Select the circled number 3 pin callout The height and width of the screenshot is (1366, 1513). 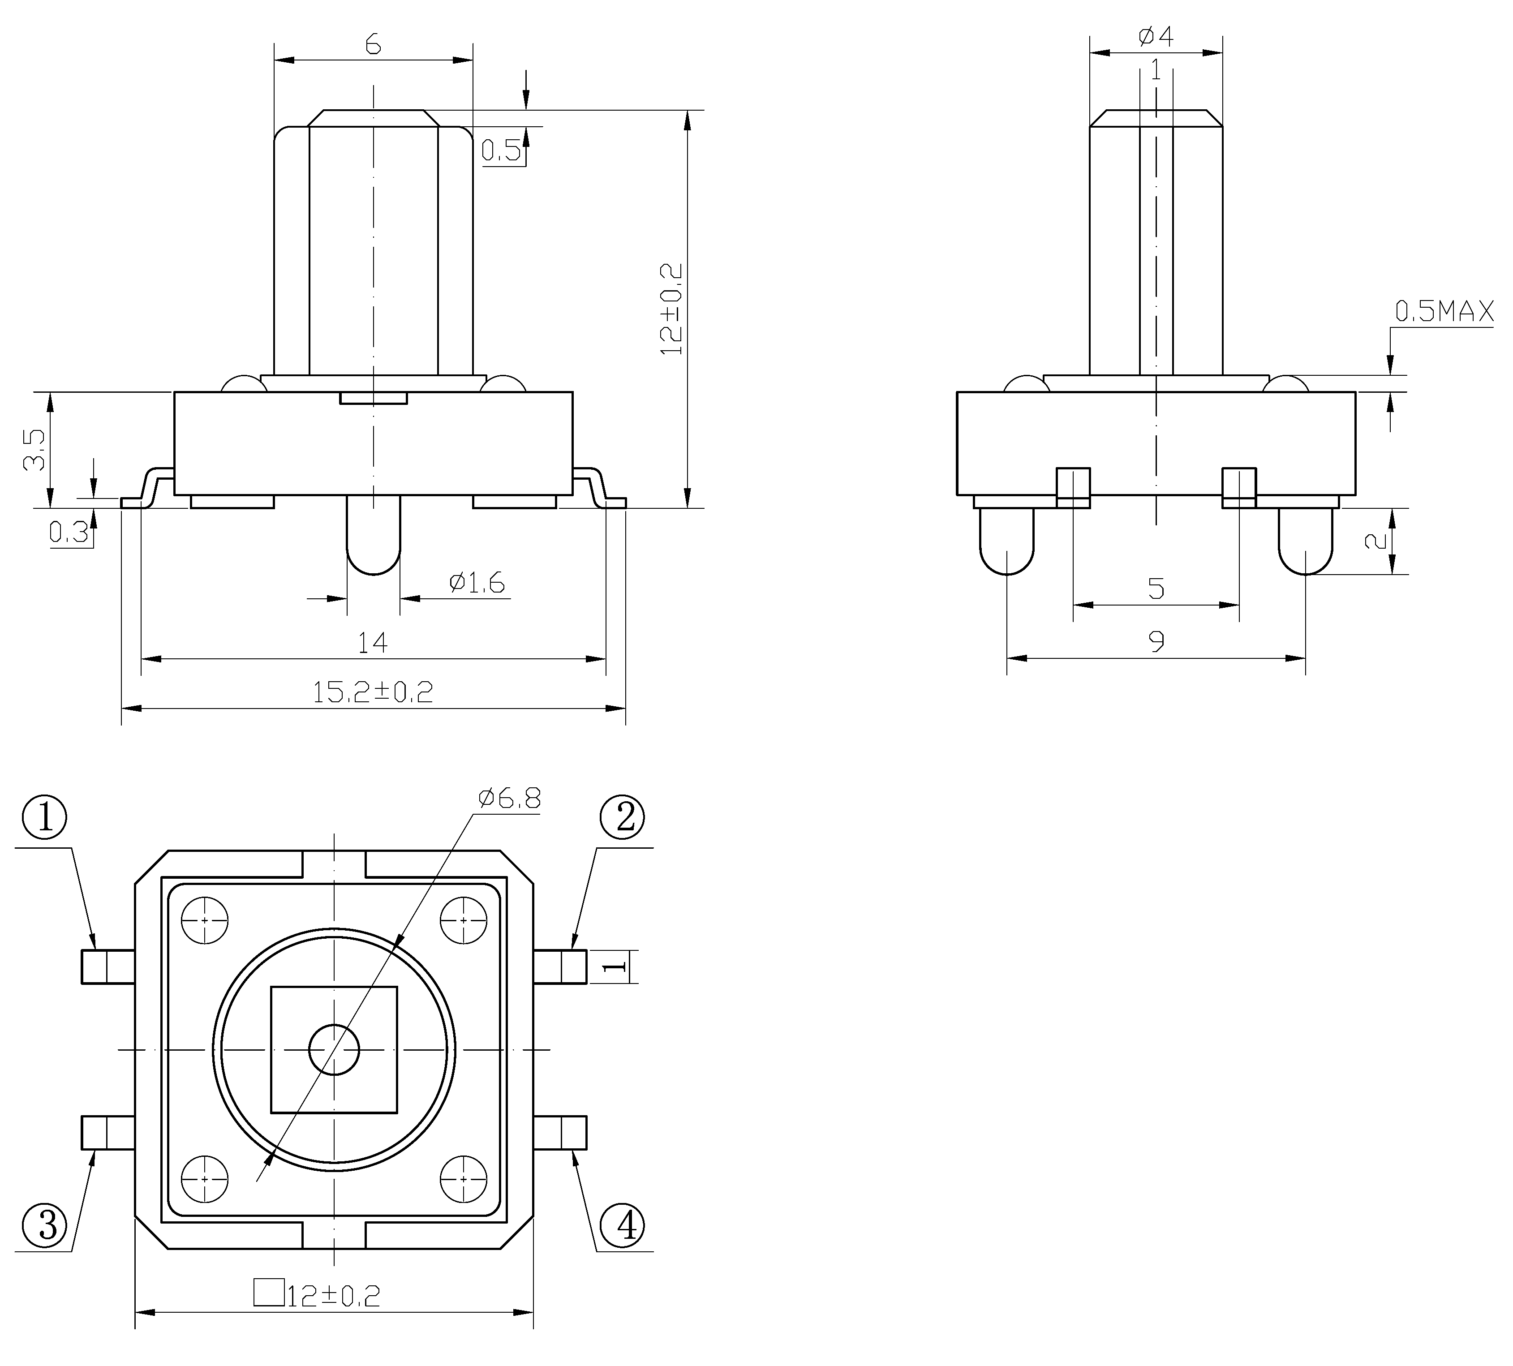(x=44, y=1226)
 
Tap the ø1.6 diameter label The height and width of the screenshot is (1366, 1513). (x=477, y=582)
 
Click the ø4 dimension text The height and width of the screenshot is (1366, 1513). (x=1156, y=35)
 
